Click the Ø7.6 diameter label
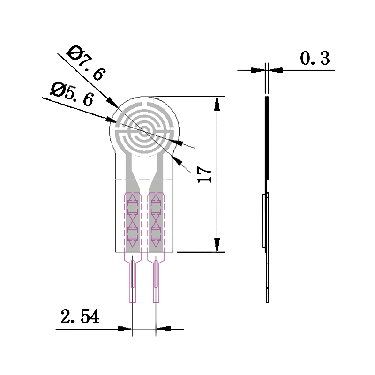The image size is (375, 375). [x=86, y=63]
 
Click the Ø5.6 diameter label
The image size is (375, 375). [x=72, y=94]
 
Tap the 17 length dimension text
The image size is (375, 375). [x=204, y=174]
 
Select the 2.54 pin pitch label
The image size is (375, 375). [x=80, y=316]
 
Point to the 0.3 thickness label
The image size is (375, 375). [x=315, y=58]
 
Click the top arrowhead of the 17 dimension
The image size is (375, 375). [x=217, y=104]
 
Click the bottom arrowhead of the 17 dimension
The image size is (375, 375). [x=217, y=245]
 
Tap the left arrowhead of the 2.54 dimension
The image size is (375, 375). [x=125, y=329]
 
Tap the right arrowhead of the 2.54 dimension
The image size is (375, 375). [x=163, y=329]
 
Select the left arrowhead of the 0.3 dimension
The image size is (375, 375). [x=258, y=70]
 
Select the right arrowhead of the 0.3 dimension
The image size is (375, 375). [x=276, y=70]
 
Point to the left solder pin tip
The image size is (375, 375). [x=133, y=302]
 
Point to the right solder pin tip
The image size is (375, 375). [x=156, y=302]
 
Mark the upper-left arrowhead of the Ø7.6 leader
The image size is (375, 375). [x=112, y=103]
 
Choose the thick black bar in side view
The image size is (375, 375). [x=267, y=138]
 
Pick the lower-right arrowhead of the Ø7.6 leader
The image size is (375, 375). [x=178, y=160]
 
